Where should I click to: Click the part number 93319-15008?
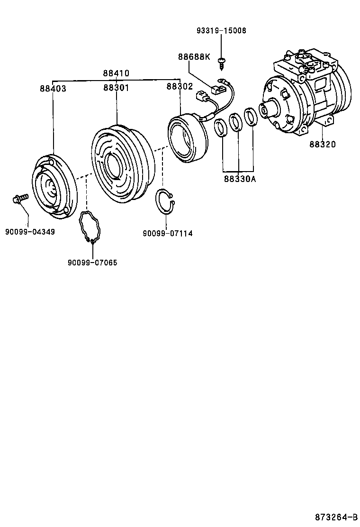pyautogui.click(x=221, y=31)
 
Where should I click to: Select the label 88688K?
pyautogui.click(x=194, y=57)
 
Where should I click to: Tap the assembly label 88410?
pyautogui.click(x=116, y=73)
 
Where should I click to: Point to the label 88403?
pyautogui.click(x=53, y=89)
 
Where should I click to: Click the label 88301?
pyautogui.click(x=116, y=88)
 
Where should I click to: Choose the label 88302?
pyautogui.click(x=180, y=87)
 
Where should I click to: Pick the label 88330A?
pyautogui.click(x=239, y=179)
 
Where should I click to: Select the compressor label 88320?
pyautogui.click(x=323, y=145)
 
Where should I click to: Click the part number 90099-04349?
pyautogui.click(x=30, y=232)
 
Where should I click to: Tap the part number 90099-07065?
pyautogui.click(x=92, y=263)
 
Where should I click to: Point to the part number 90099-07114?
pyautogui.click(x=167, y=233)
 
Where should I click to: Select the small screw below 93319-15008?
pyautogui.click(x=221, y=61)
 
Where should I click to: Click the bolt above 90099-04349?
pyautogui.click(x=20, y=199)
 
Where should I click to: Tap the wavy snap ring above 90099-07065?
pyautogui.click(x=90, y=227)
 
